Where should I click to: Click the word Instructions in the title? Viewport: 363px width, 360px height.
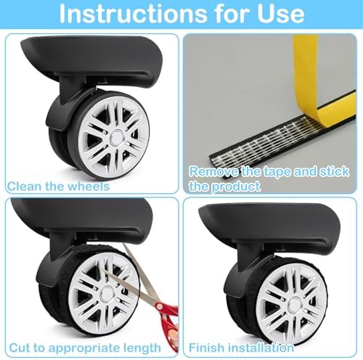[132, 13]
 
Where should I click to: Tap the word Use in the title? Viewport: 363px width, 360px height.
[280, 14]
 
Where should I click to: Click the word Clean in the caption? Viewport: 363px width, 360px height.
[23, 187]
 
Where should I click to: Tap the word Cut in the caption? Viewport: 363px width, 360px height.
[20, 348]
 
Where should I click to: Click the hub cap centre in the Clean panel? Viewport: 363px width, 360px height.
[117, 136]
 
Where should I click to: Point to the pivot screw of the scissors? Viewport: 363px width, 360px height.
[159, 307]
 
